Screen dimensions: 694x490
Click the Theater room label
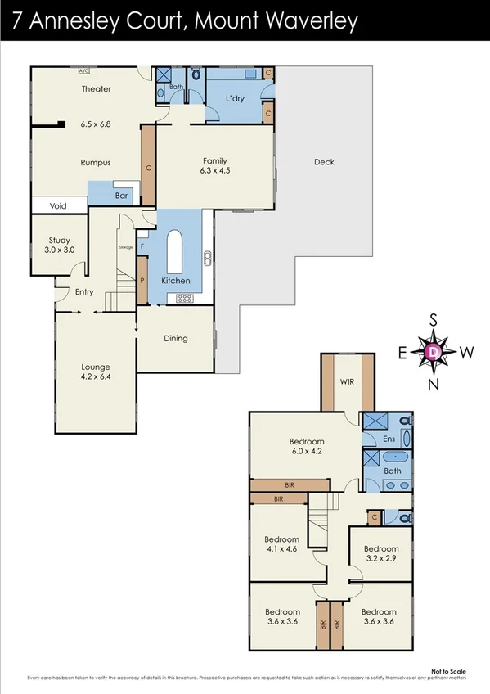point(96,89)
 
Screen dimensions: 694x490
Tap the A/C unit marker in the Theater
point(83,71)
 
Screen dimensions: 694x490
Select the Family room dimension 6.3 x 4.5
point(216,172)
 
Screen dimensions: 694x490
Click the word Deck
point(324,162)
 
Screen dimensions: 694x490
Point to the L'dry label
point(236,100)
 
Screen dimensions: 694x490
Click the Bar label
point(122,196)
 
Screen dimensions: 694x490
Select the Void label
point(58,206)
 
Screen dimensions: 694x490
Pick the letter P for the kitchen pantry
point(142,280)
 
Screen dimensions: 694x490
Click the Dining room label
point(176,338)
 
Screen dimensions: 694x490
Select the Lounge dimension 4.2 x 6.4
point(96,378)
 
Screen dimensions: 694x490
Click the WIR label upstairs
point(348,381)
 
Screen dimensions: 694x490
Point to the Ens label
point(389,439)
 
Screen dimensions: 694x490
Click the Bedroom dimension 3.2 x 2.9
point(380,561)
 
